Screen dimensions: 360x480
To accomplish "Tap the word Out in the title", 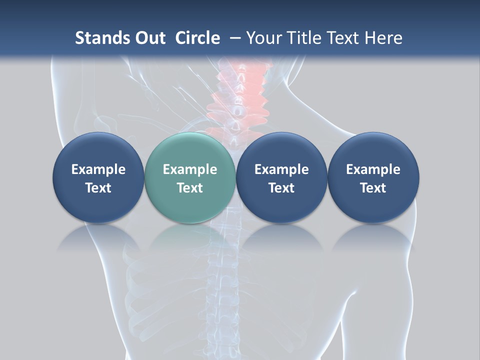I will click(149, 38).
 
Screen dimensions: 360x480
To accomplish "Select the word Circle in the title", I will click(197, 38).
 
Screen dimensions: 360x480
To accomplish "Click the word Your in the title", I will click(263, 38).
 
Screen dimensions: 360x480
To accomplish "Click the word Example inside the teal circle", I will click(190, 169).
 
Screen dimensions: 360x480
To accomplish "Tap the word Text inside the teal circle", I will click(190, 188).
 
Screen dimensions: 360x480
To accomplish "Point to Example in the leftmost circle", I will click(98, 169).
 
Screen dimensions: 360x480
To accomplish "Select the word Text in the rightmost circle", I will click(373, 188).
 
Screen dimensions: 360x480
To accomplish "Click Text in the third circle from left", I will click(281, 188).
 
